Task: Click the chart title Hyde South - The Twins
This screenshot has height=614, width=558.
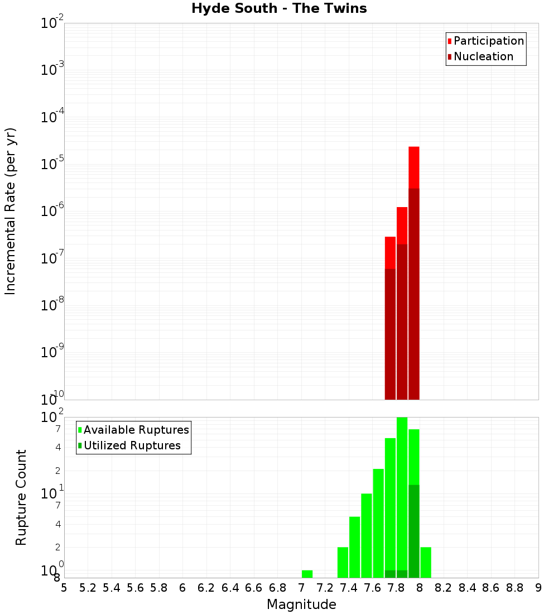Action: (279, 8)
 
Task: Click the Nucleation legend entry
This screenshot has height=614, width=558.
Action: (483, 56)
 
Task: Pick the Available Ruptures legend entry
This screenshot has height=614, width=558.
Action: (136, 430)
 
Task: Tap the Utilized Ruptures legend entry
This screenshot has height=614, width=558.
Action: (132, 445)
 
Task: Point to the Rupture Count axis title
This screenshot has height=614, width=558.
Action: (21, 497)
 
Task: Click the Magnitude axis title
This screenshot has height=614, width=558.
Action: (301, 605)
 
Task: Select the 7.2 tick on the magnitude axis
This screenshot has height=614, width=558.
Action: (325, 588)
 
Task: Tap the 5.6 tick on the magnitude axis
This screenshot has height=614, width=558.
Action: (136, 588)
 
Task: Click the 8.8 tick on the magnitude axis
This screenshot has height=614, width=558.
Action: (515, 588)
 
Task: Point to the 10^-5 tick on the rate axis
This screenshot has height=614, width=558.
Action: (52, 164)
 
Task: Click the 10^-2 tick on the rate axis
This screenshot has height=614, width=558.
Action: (52, 23)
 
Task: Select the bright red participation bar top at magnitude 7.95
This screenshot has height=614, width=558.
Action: (413, 167)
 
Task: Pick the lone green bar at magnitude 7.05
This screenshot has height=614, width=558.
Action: (307, 574)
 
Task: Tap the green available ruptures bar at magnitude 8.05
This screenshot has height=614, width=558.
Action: (425, 562)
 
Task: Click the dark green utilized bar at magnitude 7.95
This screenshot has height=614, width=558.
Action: (413, 530)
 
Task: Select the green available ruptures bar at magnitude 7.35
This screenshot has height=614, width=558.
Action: (343, 562)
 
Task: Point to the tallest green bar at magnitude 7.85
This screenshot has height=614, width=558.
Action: (402, 491)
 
